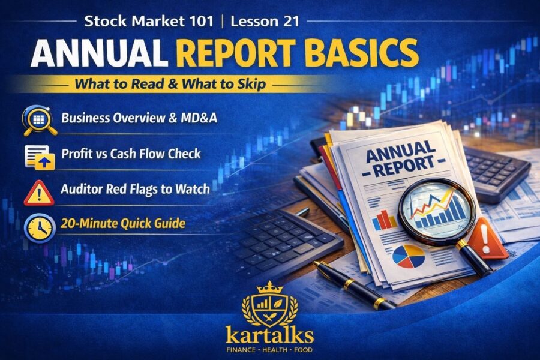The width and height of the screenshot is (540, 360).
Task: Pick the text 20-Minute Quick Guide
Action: coord(122,224)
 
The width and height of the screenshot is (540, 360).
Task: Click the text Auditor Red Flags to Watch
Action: coord(135,189)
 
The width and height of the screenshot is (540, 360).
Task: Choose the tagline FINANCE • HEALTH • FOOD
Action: coord(269,349)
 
